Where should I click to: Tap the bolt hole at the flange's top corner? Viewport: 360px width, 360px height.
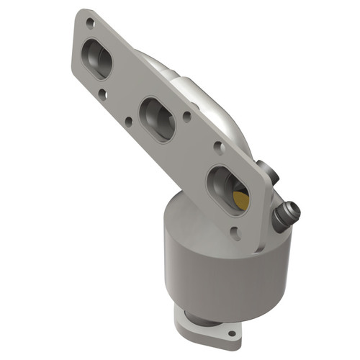click(89, 23)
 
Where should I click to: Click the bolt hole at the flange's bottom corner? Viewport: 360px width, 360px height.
click(235, 231)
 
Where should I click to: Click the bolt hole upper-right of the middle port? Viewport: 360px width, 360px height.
click(186, 113)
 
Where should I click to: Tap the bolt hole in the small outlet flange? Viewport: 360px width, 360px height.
click(232, 333)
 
